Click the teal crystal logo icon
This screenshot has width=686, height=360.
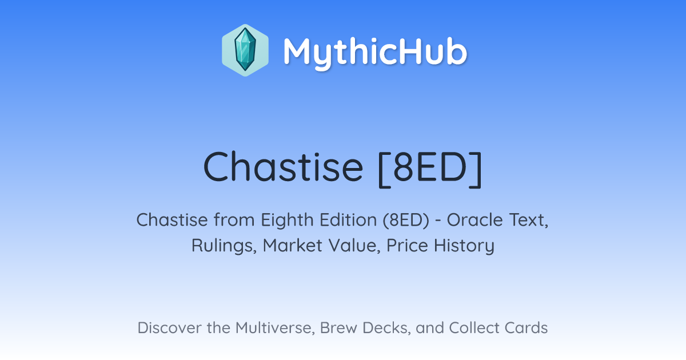[245, 50]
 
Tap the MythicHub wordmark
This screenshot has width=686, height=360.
[375, 53]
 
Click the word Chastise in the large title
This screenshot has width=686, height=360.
[283, 167]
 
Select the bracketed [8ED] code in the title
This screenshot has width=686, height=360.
[430, 169]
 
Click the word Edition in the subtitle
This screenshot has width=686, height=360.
[348, 219]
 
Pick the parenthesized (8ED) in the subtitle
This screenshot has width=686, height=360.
[406, 220]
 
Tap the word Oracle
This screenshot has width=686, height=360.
[474, 220]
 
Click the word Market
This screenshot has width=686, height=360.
[293, 245]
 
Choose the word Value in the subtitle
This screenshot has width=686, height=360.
[354, 246]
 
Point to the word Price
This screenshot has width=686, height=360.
[407, 245]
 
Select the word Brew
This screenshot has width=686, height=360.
[338, 327]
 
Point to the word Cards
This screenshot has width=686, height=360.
[526, 327]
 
